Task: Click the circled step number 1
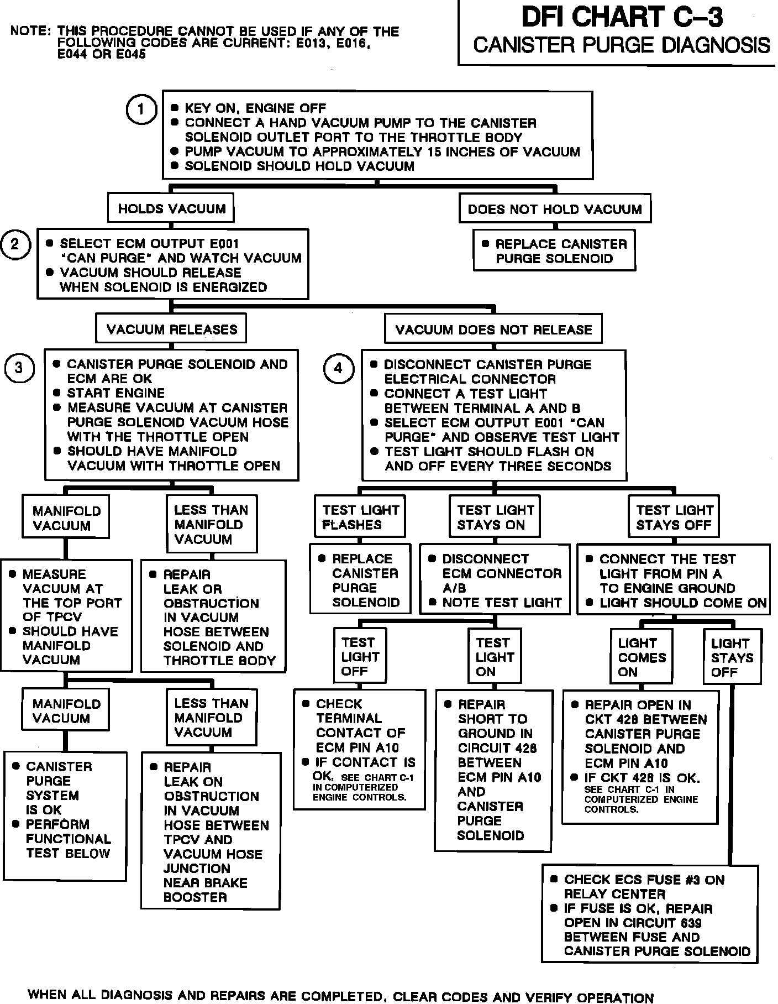(141, 109)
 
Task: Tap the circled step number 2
(15, 244)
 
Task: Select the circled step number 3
(19, 368)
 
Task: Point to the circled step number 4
(338, 368)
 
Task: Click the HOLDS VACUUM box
(171, 208)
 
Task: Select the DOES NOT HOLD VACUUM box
(555, 209)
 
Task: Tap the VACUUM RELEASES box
(171, 330)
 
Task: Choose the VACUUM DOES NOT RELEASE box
(493, 330)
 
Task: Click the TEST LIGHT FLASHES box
(360, 517)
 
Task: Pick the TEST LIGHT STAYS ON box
(495, 517)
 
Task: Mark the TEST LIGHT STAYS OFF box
(674, 517)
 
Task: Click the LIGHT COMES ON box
(642, 657)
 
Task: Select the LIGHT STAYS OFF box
(732, 657)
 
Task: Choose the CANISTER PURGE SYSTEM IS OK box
(65, 817)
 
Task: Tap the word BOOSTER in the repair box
(195, 897)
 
